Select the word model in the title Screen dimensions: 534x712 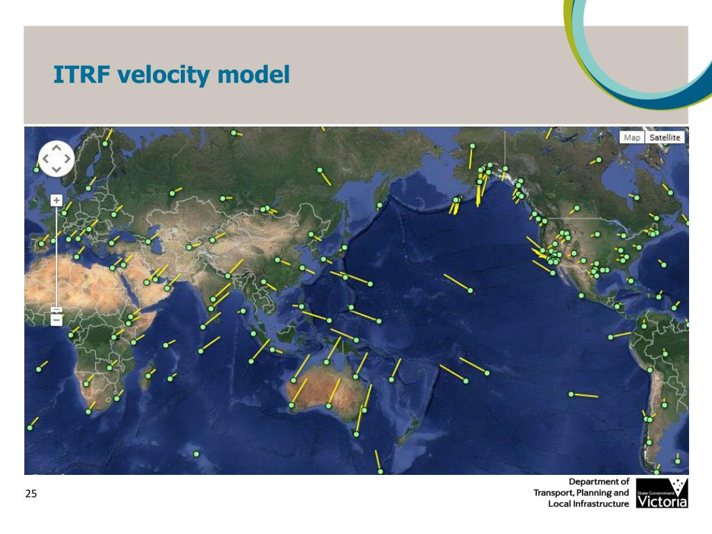click(253, 74)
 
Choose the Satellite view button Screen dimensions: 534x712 click(665, 137)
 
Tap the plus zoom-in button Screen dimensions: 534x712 click(56, 200)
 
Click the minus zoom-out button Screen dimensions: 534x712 click(56, 321)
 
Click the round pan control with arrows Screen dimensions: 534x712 click(56, 159)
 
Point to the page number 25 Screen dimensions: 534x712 click(31, 494)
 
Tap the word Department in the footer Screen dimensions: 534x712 click(599, 481)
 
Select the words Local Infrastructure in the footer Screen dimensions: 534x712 click(588, 503)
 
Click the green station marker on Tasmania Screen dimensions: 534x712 click(357, 434)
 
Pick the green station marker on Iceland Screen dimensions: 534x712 click(36, 169)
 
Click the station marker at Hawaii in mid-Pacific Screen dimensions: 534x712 click(471, 291)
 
